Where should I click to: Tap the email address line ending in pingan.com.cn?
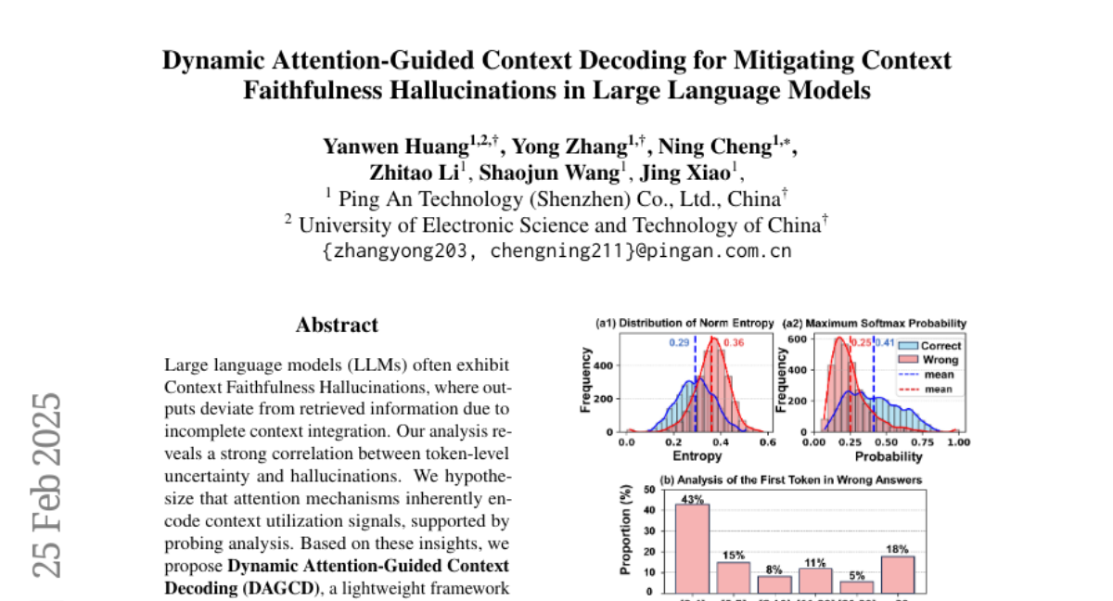pyautogui.click(x=556, y=250)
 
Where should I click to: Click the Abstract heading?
pyautogui.click(x=337, y=325)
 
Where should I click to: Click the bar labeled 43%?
pyautogui.click(x=692, y=547)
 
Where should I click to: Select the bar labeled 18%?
pyautogui.click(x=898, y=573)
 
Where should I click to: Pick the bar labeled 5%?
pyautogui.click(x=857, y=586)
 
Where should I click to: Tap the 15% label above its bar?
pyautogui.click(x=733, y=555)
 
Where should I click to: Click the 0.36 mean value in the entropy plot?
pyautogui.click(x=733, y=343)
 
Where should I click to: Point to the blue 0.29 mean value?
pyautogui.click(x=680, y=343)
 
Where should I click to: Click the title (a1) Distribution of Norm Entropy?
pyautogui.click(x=684, y=323)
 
